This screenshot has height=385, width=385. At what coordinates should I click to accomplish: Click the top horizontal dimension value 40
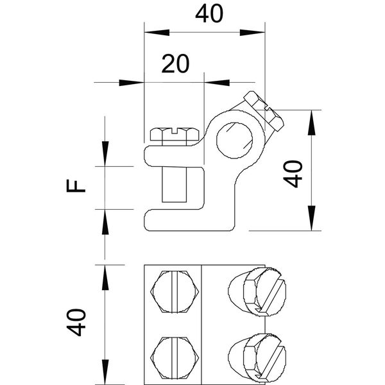pos(205,14)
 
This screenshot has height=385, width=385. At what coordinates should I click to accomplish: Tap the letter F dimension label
pos(76,187)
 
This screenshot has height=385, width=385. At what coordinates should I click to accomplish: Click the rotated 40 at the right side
pos(293,173)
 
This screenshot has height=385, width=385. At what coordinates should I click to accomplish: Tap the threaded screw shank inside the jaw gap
pos(174,183)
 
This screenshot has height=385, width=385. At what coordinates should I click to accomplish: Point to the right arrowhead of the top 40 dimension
pos(257,30)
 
